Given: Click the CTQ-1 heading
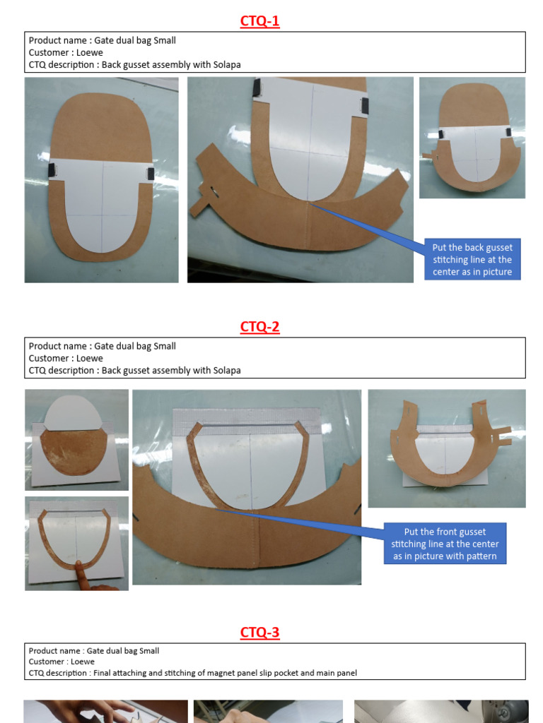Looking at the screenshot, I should coord(259,21).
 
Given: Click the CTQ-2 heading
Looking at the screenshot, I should coord(259,327).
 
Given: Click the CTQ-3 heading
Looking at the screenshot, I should coord(259,633).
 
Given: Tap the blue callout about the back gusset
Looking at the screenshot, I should coord(472,260).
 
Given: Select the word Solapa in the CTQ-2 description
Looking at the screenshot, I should coord(226,370).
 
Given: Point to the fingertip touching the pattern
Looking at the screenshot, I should coord(78,565).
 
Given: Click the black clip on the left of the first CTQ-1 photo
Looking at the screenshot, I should coord(51,170).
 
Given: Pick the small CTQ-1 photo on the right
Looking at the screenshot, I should coord(472,138).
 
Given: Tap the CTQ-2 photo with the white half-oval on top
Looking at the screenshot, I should coord(76,439).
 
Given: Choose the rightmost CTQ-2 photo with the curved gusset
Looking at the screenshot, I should coord(446,448).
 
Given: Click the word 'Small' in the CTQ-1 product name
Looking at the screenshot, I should coord(165,41).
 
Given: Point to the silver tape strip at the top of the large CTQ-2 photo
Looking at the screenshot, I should coord(246,416).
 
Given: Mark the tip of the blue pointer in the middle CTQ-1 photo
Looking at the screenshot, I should coord(310,204).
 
